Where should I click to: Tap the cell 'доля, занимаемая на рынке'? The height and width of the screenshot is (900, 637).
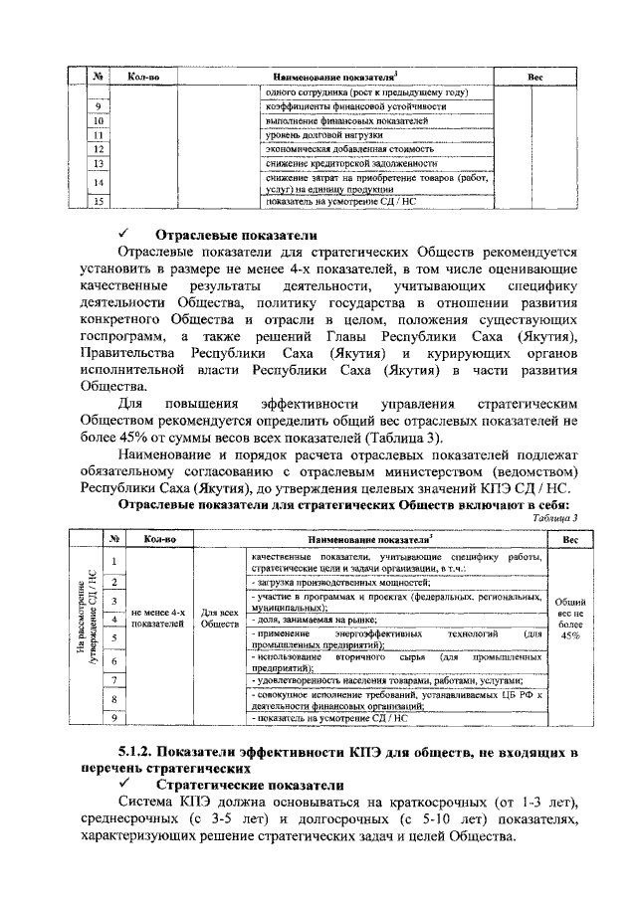click(x=310, y=619)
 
